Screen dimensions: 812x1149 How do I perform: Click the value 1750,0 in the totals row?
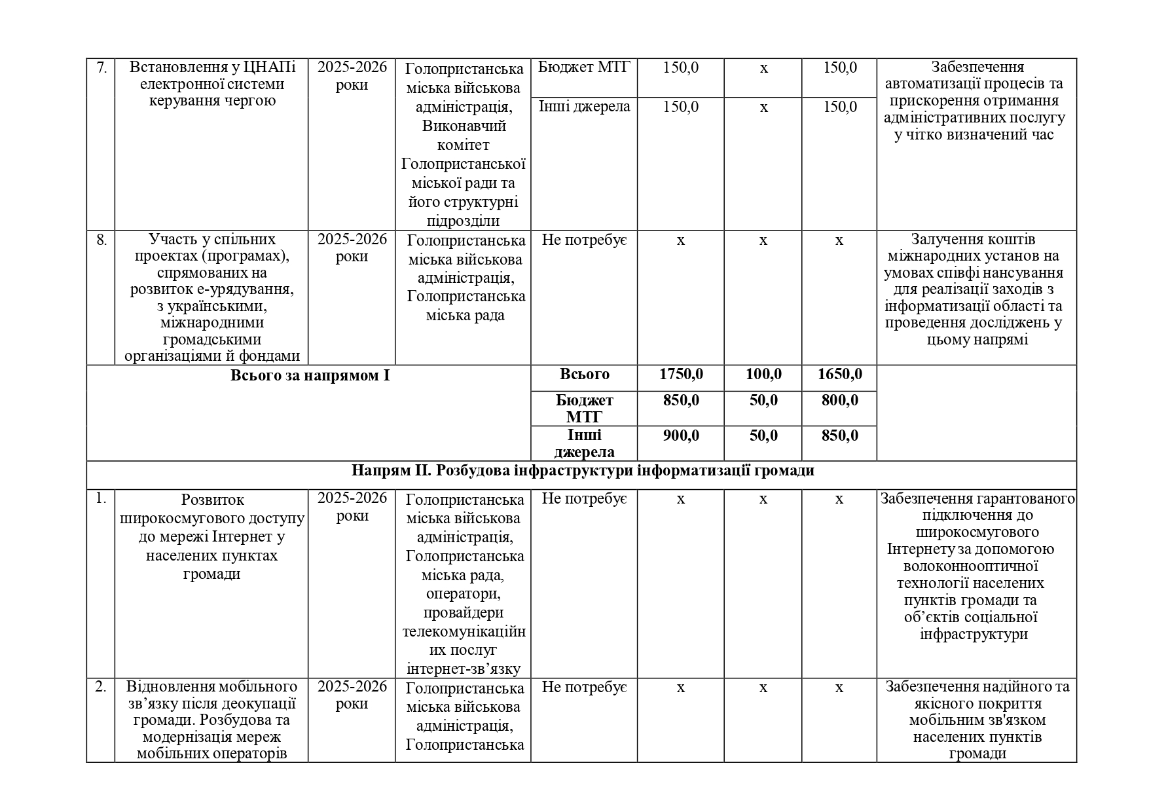coord(681,375)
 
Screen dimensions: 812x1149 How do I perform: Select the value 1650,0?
coord(839,375)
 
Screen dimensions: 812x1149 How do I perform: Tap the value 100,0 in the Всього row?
coord(763,375)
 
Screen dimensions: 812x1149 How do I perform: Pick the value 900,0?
coord(681,435)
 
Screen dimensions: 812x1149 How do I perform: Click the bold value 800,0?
coord(839,400)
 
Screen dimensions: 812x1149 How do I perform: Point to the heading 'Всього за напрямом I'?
coord(310,375)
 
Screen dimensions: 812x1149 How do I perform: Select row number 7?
coord(101,67)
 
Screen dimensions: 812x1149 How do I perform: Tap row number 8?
coord(101,240)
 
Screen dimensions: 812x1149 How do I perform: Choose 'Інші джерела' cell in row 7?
coord(584,107)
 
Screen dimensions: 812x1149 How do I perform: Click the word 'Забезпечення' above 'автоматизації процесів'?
coord(977,67)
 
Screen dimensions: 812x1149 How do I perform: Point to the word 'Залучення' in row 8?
coord(942,240)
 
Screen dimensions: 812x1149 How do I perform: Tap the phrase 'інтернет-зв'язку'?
coord(464,669)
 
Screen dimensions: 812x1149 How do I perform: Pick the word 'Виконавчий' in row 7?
coord(464,126)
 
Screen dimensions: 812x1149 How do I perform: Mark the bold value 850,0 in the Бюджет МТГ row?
coord(681,400)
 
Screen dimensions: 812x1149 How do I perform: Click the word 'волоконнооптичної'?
coord(970,566)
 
